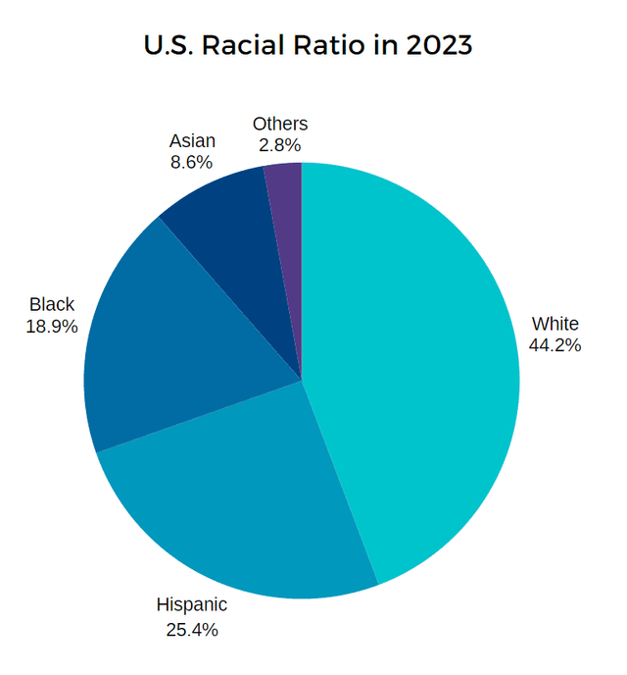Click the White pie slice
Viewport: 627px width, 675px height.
[x=421, y=363]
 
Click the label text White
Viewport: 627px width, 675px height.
[x=555, y=324]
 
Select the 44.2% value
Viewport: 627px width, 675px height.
[x=555, y=345]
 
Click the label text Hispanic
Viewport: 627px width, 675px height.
[x=192, y=605]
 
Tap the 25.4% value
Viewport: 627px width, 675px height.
[x=192, y=630]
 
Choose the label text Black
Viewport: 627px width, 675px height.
[x=52, y=305]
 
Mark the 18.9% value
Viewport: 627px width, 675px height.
[x=52, y=327]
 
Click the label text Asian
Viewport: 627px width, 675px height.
[x=192, y=141]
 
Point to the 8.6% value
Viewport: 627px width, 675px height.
[x=192, y=163]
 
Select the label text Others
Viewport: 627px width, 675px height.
[x=280, y=124]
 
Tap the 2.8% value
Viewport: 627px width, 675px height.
[x=280, y=145]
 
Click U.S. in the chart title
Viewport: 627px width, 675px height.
[x=168, y=45]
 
